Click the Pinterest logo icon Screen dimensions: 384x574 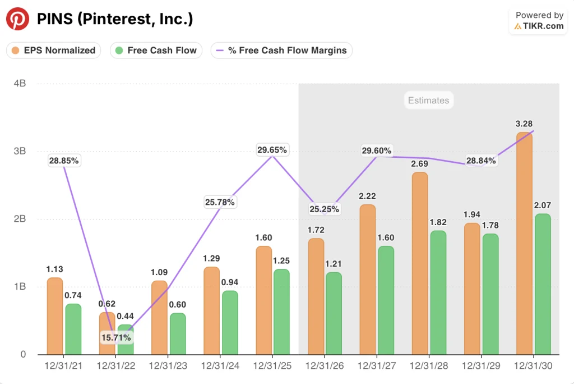(x=17, y=19)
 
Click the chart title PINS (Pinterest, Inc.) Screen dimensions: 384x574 (x=115, y=19)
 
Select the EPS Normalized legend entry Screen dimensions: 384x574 (x=54, y=51)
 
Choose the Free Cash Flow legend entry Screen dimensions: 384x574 (x=156, y=51)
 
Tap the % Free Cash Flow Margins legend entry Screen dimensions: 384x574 (x=281, y=51)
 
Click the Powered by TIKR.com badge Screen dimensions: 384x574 (x=539, y=21)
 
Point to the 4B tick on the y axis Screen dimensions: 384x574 (x=20, y=84)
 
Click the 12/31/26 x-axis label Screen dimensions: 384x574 (x=324, y=366)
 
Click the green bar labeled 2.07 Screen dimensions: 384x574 (x=543, y=284)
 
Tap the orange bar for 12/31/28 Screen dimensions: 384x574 (x=420, y=263)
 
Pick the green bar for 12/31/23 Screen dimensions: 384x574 (x=177, y=334)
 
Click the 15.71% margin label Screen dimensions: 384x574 (x=116, y=338)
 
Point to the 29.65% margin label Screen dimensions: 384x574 (x=272, y=150)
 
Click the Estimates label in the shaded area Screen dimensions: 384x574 (x=428, y=100)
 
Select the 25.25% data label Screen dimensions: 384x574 (x=324, y=209)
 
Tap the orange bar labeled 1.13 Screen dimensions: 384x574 (x=55, y=316)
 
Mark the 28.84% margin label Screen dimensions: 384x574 (x=480, y=161)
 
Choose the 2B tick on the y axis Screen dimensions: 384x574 (x=20, y=219)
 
